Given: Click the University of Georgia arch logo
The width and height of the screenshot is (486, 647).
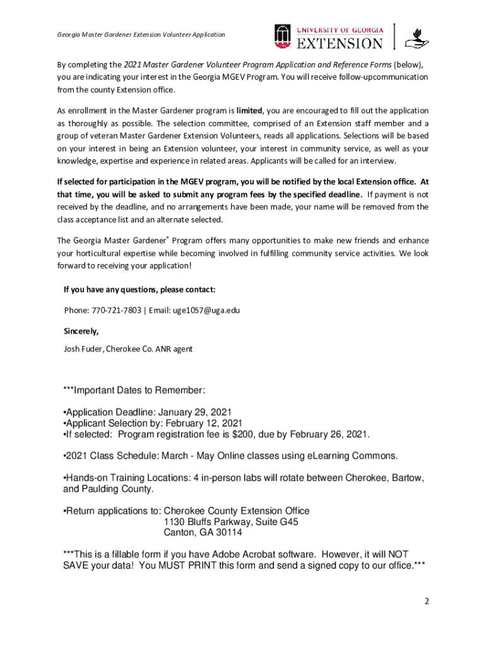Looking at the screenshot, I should coord(282,37).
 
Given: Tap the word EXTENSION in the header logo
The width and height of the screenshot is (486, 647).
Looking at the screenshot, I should coord(340,43).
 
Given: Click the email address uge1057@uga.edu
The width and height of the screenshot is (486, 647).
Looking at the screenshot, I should coord(206,310).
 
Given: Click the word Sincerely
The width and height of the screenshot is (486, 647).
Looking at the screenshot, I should coord(81,330).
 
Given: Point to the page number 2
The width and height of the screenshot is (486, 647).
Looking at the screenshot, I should coord(427,602).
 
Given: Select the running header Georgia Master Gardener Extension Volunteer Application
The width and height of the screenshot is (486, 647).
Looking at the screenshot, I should coord(141,34).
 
